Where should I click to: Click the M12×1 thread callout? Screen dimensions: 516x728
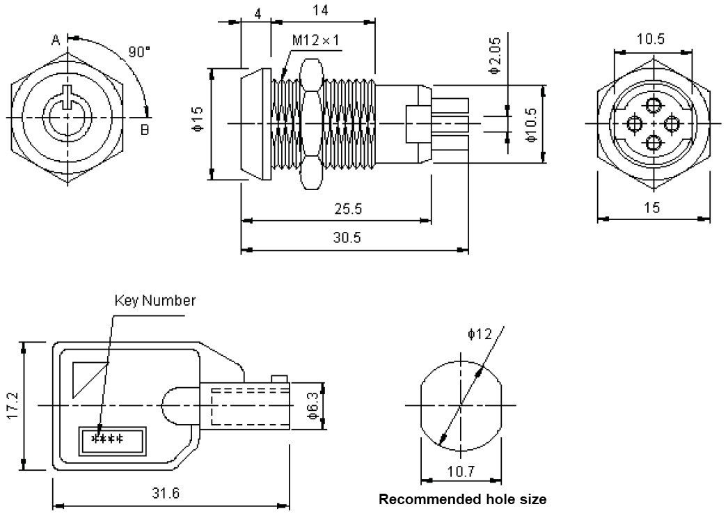(315, 40)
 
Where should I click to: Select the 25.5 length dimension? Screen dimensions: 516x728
(348, 209)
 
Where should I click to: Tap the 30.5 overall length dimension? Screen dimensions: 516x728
(347, 238)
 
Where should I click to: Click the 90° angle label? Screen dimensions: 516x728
(139, 52)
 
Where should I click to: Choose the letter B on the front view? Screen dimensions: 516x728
(145, 130)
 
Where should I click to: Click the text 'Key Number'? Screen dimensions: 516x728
(155, 301)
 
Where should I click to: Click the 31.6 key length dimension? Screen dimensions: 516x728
(166, 494)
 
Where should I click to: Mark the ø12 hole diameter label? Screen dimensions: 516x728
(480, 334)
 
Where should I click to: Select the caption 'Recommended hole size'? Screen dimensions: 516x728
(462, 499)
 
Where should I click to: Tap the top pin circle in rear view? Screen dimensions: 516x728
(653, 106)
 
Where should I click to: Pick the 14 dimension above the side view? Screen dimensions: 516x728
(321, 10)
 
